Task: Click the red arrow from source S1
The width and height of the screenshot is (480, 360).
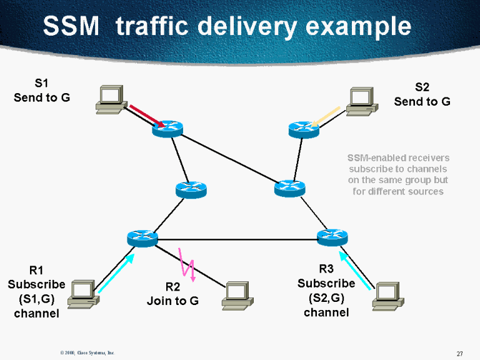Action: [x=147, y=116]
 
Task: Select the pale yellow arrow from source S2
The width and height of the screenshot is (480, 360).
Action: [x=325, y=116]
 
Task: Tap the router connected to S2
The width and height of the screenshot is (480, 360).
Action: [x=304, y=129]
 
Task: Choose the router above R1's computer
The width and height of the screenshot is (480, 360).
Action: [x=142, y=237]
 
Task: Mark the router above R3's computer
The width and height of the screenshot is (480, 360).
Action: [x=332, y=237]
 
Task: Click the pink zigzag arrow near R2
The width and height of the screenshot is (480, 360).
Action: [x=187, y=264]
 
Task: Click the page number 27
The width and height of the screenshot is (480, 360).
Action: [x=459, y=354]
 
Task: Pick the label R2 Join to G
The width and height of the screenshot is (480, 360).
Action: [x=172, y=294]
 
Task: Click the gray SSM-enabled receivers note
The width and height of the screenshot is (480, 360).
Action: [x=398, y=174]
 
